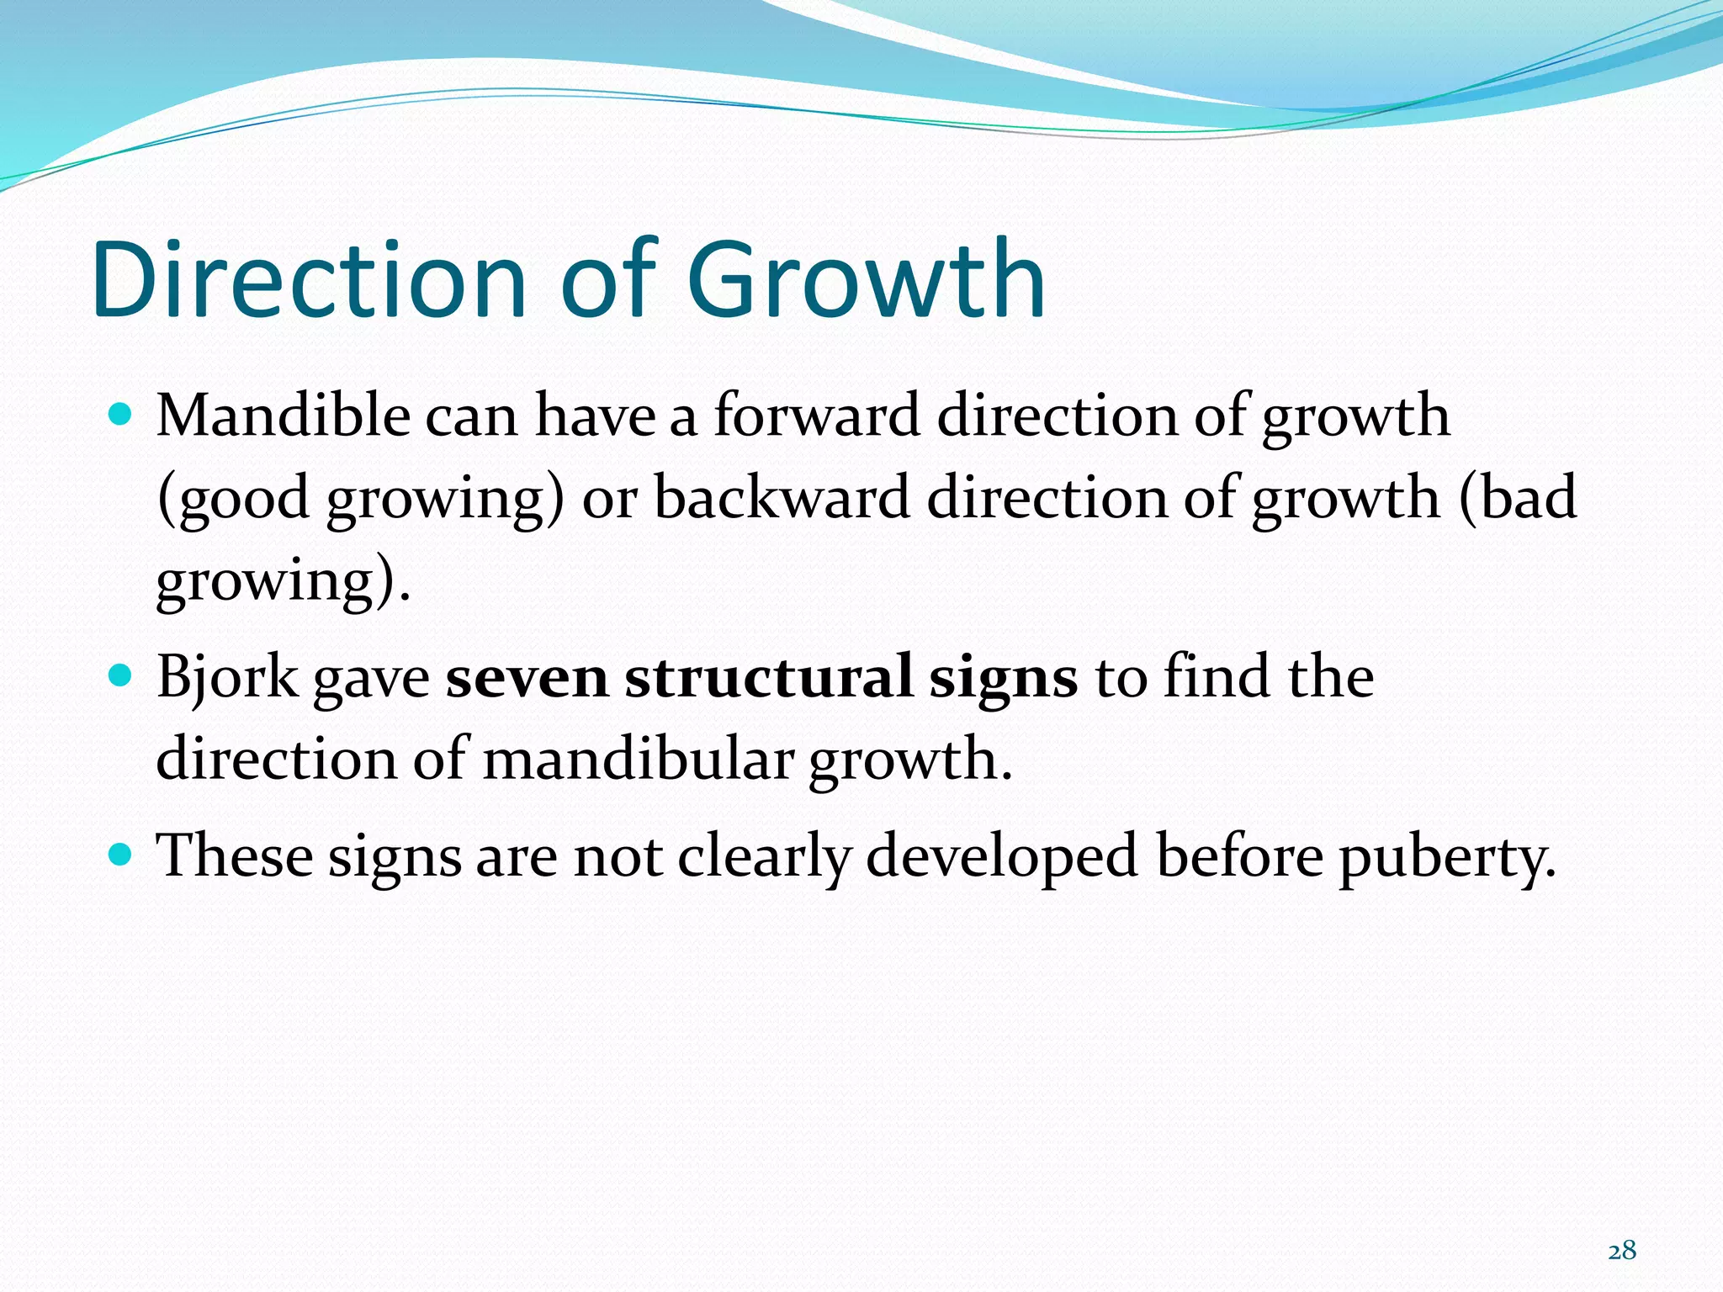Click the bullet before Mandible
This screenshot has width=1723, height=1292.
click(121, 414)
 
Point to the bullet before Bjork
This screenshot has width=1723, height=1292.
click(121, 675)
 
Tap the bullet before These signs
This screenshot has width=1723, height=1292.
click(121, 855)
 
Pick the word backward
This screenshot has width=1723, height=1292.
click(782, 497)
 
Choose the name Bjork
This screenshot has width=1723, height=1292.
click(227, 678)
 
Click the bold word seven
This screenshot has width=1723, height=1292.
click(527, 678)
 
